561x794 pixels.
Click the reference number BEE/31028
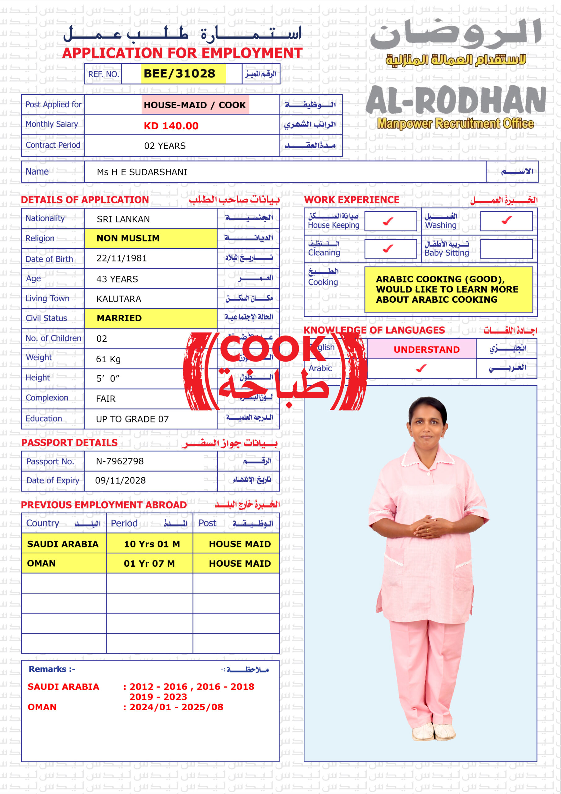click(179, 74)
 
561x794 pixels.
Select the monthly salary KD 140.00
click(171, 126)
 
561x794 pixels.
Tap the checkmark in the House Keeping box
click(388, 221)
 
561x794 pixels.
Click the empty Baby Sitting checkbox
click(506, 249)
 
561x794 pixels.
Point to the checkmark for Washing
click(506, 220)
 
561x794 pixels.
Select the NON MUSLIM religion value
click(128, 238)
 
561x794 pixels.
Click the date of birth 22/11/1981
click(122, 258)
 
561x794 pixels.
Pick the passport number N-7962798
click(120, 461)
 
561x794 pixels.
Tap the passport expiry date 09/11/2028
click(120, 480)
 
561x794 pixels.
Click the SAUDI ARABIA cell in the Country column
click(63, 544)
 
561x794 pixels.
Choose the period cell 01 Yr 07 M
click(149, 563)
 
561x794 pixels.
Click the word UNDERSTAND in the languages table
click(426, 350)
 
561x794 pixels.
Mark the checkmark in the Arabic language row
click(421, 369)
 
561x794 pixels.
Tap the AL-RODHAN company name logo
click(456, 100)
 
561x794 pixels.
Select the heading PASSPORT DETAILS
click(69, 443)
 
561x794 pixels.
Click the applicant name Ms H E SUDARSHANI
click(142, 172)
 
